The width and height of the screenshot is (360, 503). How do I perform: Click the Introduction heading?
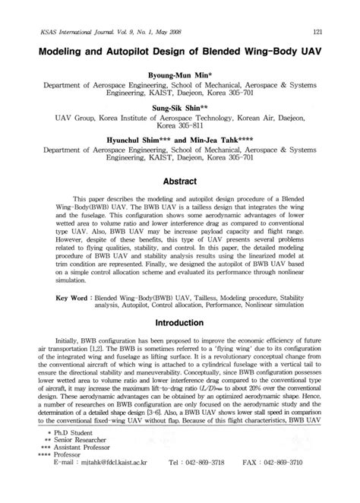(180, 322)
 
